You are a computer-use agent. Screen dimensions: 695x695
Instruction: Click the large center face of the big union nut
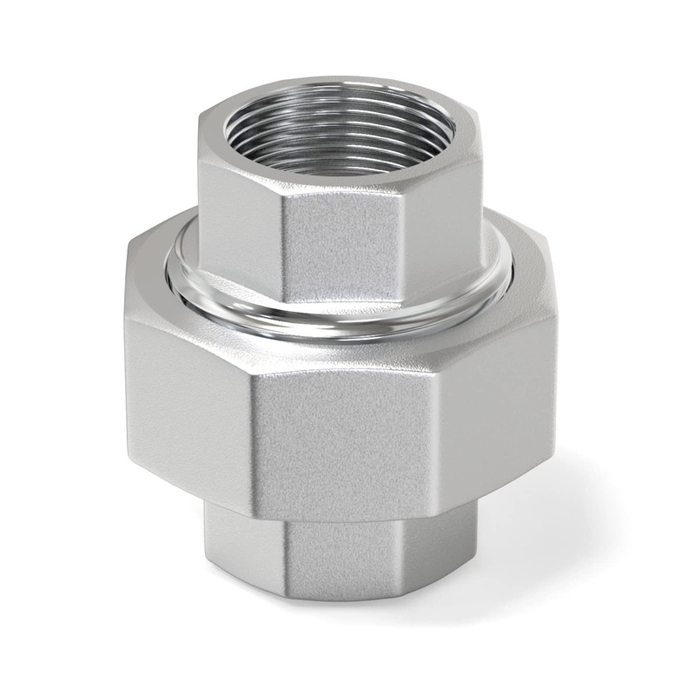point(343,434)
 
